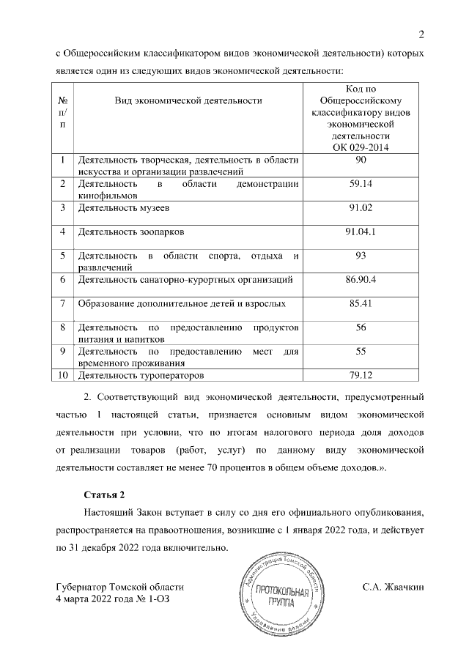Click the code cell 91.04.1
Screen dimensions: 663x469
tap(360, 232)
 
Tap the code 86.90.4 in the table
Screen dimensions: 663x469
tap(360, 279)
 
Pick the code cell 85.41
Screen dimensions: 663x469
tap(360, 303)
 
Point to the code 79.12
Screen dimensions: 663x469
tap(360, 376)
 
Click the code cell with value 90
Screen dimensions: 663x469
tap(360, 160)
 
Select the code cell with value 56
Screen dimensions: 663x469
tap(360, 327)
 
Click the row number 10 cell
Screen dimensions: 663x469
tap(62, 376)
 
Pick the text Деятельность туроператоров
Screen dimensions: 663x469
tap(139, 376)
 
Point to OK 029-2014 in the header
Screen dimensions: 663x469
tap(360, 147)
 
